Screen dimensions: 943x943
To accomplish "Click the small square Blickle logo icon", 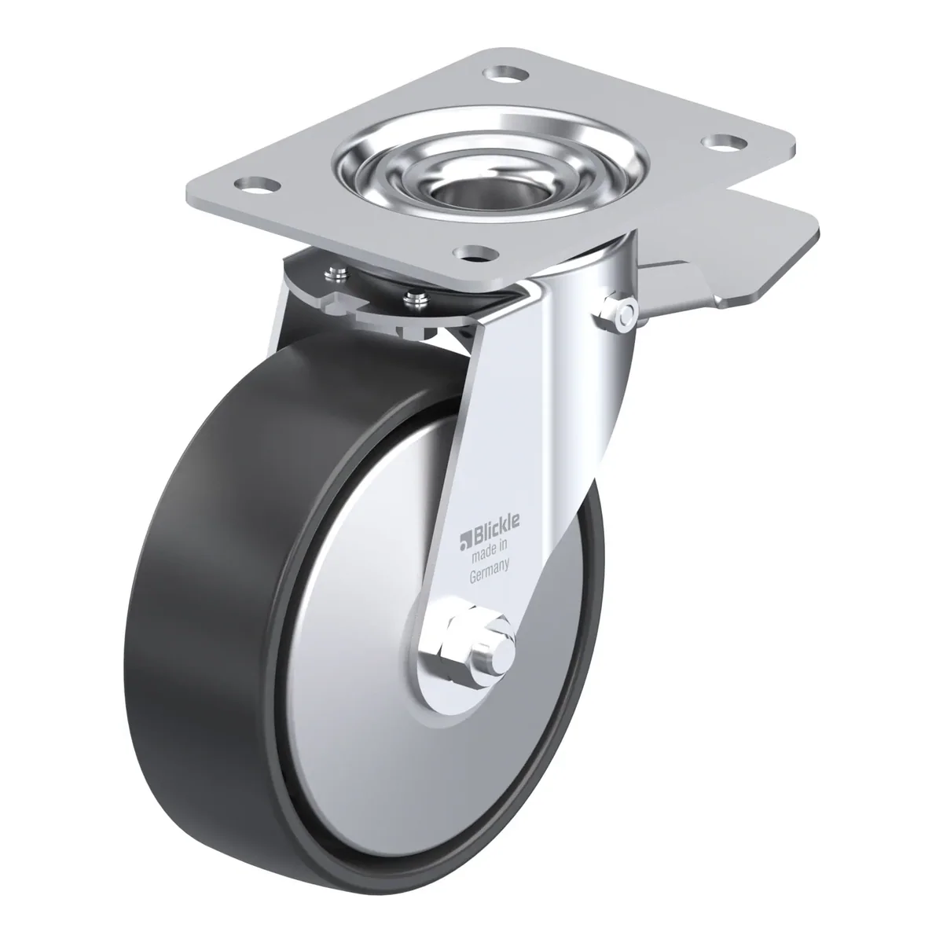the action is pyautogui.click(x=464, y=541).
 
